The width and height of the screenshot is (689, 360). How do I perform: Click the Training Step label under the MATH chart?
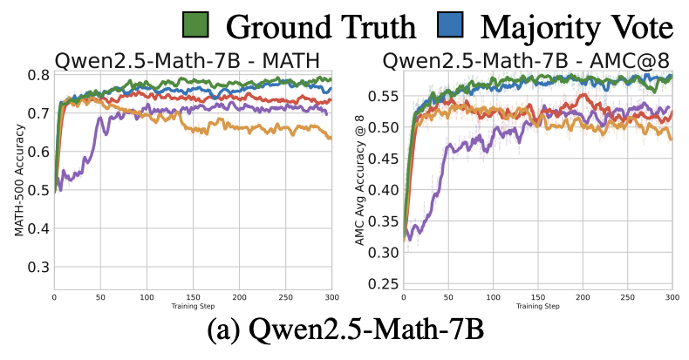point(192,308)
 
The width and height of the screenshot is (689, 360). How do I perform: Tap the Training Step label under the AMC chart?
point(531,308)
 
